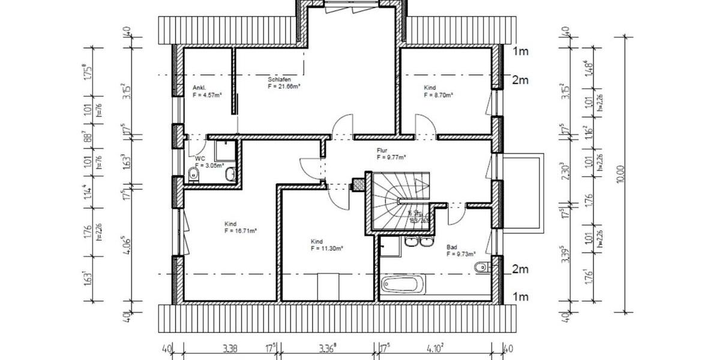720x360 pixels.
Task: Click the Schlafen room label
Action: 279,80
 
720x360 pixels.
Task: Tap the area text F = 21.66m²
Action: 284,86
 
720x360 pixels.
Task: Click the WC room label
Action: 200,158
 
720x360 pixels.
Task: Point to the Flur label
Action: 382,151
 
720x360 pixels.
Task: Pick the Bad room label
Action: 451,247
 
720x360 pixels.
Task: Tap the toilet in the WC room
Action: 193,175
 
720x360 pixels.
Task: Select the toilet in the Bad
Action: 479,267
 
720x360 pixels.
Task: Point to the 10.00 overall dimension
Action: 621,174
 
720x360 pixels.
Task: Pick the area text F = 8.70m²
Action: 438,95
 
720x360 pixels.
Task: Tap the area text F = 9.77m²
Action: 391,157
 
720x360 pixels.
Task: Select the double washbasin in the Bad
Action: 419,241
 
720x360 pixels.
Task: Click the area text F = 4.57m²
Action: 208,95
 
